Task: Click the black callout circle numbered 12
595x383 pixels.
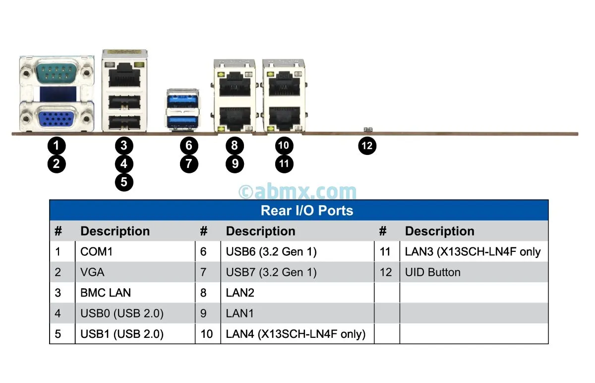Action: pyautogui.click(x=367, y=146)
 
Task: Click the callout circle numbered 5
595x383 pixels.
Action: pyautogui.click(x=124, y=182)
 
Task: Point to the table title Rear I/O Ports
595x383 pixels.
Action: pyautogui.click(x=307, y=210)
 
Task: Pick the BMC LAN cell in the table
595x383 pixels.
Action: pyautogui.click(x=106, y=293)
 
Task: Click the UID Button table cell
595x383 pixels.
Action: pyautogui.click(x=433, y=272)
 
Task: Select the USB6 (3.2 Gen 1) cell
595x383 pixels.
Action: pyautogui.click(x=271, y=252)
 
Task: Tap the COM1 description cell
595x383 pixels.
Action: pyautogui.click(x=96, y=252)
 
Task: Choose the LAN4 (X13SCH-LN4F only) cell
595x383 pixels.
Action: pyautogui.click(x=296, y=334)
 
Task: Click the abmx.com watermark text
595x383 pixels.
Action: pyautogui.click(x=297, y=191)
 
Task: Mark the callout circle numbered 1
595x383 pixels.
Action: pyautogui.click(x=57, y=146)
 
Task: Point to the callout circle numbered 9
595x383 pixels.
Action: pyautogui.click(x=235, y=163)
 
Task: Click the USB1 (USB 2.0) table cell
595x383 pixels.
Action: pyautogui.click(x=122, y=334)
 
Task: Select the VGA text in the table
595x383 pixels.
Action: pyautogui.click(x=92, y=272)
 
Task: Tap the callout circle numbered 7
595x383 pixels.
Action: pyautogui.click(x=189, y=163)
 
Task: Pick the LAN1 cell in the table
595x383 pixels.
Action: pyautogui.click(x=240, y=313)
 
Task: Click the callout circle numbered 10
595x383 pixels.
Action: pyautogui.click(x=284, y=146)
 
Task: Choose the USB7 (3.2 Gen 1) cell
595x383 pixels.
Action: pyautogui.click(x=271, y=272)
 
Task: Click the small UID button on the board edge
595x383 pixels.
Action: pyautogui.click(x=367, y=130)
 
